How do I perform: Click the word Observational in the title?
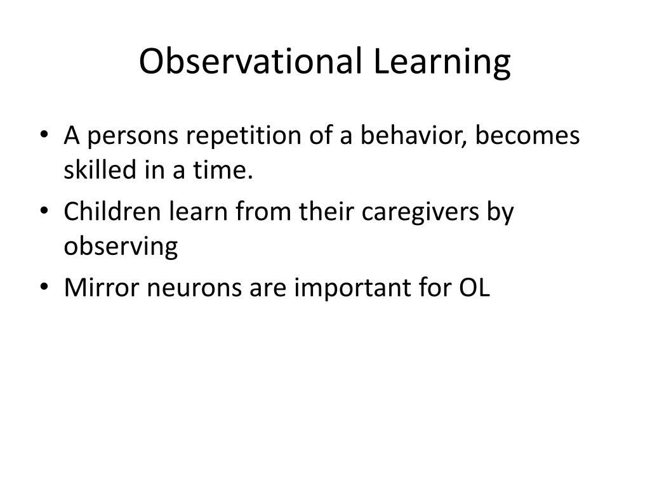click(x=249, y=62)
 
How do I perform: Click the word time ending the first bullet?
click(x=226, y=170)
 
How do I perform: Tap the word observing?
click(x=121, y=246)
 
